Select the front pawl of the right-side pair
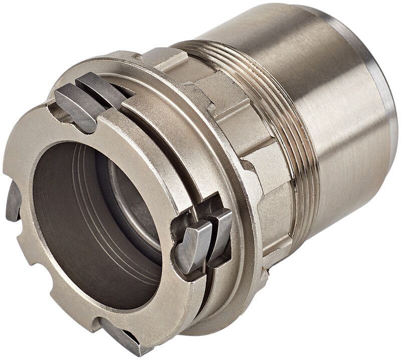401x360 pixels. [x=193, y=245]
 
